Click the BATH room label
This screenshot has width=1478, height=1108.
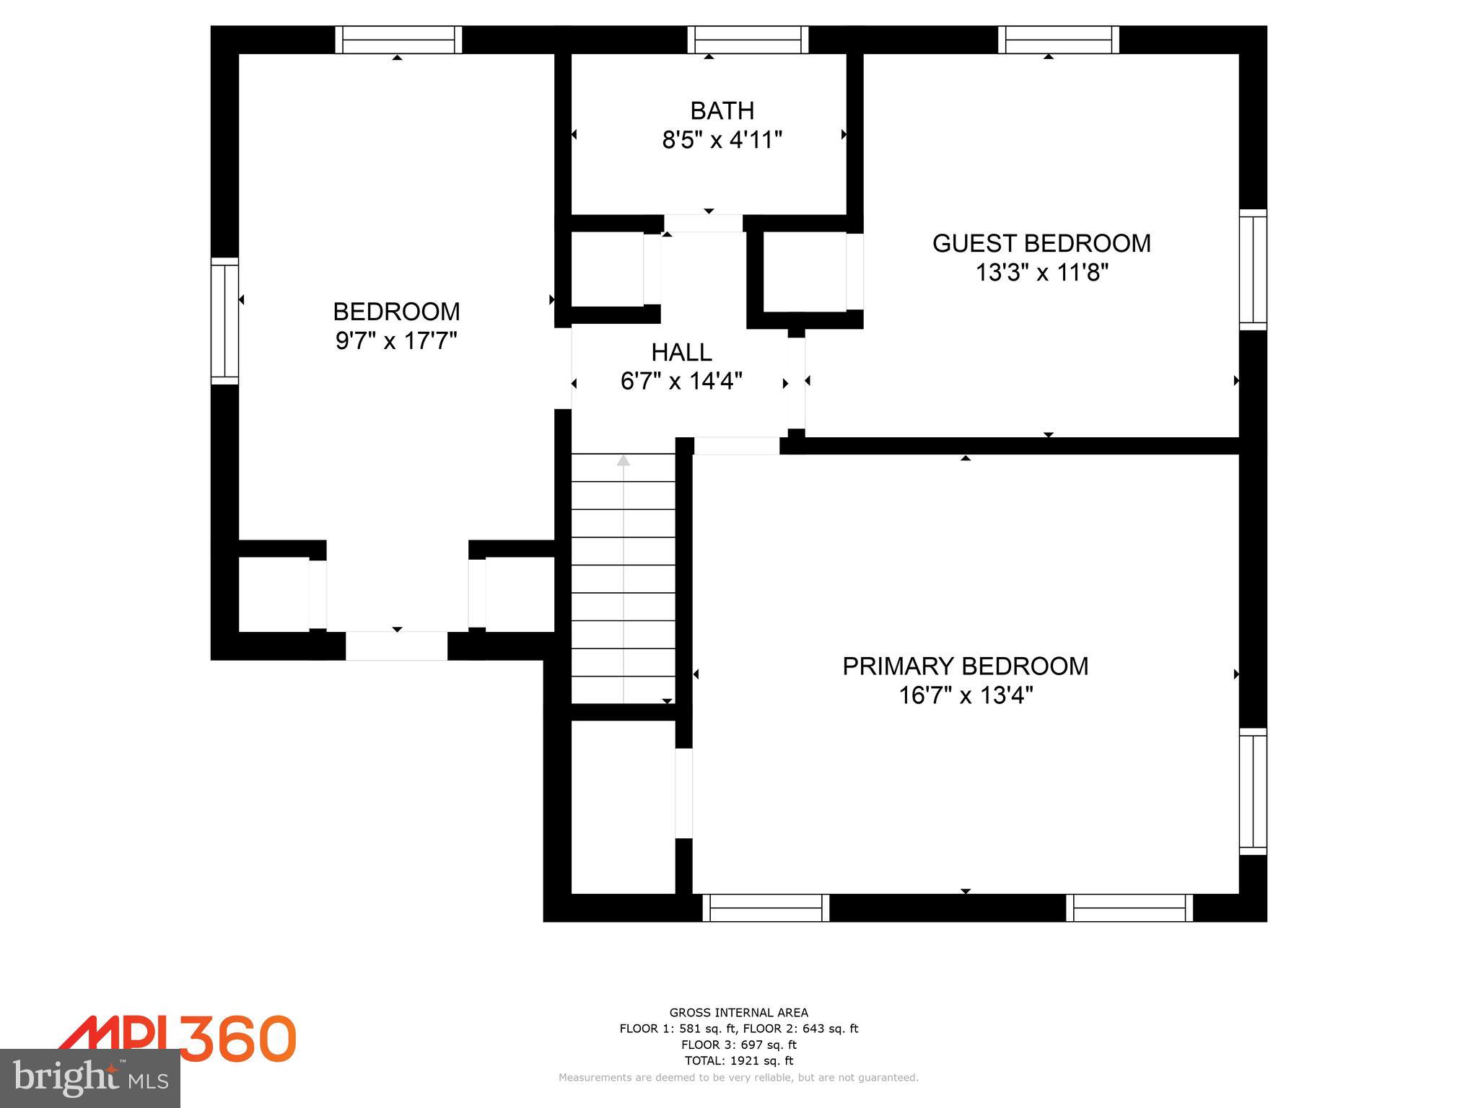click(x=722, y=111)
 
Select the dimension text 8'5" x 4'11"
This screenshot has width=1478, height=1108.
click(x=722, y=140)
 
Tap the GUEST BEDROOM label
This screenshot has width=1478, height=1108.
click(x=1041, y=244)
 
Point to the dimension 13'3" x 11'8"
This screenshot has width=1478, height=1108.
click(x=1041, y=273)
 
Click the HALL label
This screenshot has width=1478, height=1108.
click(x=681, y=353)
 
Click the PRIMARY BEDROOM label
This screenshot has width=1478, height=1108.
click(x=965, y=667)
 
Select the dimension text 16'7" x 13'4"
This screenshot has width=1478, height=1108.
click(x=965, y=696)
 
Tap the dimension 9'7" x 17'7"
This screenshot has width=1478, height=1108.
click(x=396, y=341)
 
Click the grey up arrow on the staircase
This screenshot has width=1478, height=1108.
click(x=623, y=460)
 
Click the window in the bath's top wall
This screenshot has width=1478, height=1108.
click(x=747, y=40)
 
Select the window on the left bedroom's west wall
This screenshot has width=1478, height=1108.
click(x=224, y=321)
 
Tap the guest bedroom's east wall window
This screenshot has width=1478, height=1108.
click(x=1253, y=270)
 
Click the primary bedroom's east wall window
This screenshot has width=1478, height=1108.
click(x=1253, y=791)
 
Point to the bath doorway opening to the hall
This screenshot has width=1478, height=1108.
click(x=703, y=223)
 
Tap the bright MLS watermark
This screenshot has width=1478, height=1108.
click(x=89, y=1078)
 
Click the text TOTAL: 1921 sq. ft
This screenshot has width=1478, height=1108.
click(x=738, y=1060)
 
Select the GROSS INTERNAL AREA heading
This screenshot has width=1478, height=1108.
click(x=738, y=1013)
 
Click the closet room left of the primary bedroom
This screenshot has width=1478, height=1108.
click(x=623, y=806)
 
